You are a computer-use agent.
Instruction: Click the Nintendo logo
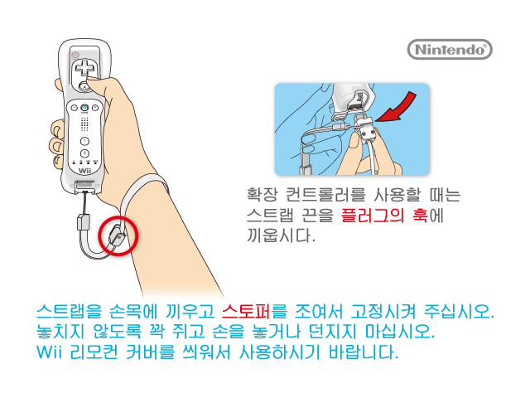coord(450,50)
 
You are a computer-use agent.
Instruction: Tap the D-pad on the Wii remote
coord(84,67)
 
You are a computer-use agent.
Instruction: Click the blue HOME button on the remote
coord(84,108)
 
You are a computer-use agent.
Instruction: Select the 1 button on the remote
coord(84,141)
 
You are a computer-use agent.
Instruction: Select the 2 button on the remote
coord(84,153)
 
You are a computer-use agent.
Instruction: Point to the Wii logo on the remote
coord(84,171)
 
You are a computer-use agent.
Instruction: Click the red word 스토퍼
coord(246,311)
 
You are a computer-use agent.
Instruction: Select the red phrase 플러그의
coord(372,216)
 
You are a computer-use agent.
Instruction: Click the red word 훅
coord(420,216)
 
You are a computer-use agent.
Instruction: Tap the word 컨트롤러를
coord(325,195)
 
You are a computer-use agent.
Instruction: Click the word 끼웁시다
coord(281,235)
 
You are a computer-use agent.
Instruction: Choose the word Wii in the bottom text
coord(49,352)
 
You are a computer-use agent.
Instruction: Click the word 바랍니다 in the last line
coord(364,352)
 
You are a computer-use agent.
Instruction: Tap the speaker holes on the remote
coord(84,124)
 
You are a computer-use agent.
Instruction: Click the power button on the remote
coord(75,55)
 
